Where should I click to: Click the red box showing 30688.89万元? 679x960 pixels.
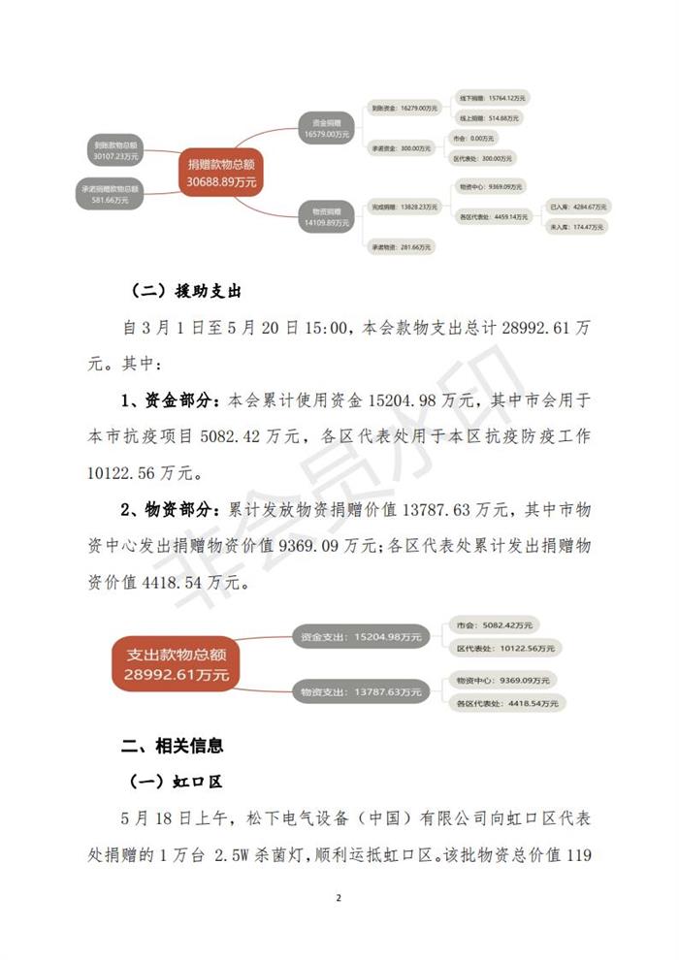(222, 174)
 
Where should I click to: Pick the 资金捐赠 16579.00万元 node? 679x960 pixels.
(325, 128)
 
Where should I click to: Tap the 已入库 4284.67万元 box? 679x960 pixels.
(577, 207)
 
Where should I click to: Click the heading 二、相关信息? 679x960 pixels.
(173, 746)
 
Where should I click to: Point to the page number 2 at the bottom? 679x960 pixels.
(339, 898)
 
